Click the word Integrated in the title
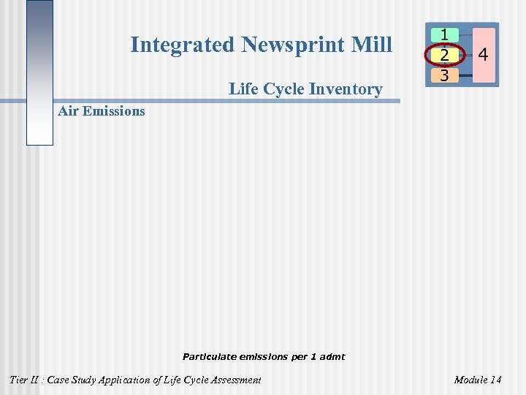tap(183, 45)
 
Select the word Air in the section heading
tap(68, 111)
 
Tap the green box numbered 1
tap(444, 34)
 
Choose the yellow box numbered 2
tap(444, 55)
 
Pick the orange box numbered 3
tap(444, 75)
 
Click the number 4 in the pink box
tap(483, 55)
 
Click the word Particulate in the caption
tap(208, 357)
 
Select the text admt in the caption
tap(332, 357)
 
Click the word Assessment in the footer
tap(234, 380)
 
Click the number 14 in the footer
tap(496, 380)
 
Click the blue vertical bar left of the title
tap(39, 73)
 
